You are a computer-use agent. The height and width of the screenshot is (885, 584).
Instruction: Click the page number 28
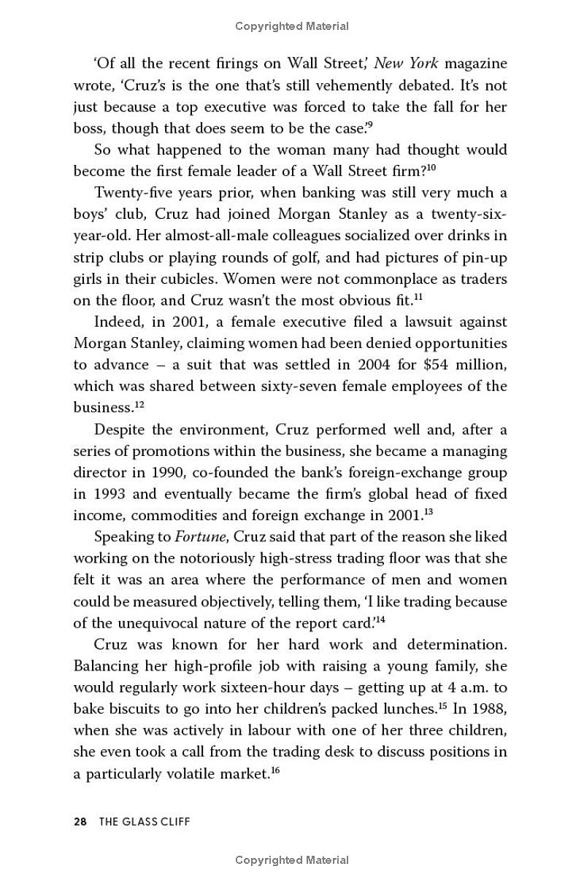80,822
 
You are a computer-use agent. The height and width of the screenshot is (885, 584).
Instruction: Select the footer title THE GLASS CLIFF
145,822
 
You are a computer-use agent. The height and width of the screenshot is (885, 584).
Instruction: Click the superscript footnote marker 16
275,770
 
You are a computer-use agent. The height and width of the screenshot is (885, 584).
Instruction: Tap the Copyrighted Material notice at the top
292,26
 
